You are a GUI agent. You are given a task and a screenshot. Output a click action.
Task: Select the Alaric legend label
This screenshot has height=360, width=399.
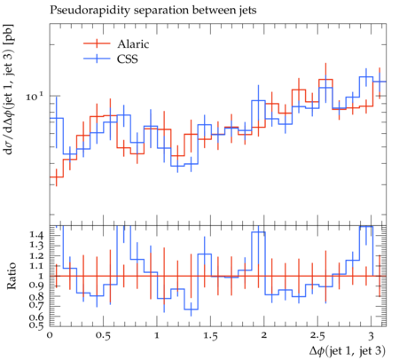(133, 43)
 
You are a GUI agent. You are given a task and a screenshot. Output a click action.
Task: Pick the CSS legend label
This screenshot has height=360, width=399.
(128, 59)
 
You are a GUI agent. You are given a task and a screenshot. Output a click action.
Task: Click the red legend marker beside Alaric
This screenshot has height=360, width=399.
(97, 43)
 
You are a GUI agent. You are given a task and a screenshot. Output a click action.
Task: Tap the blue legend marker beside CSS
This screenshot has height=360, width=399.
(97, 59)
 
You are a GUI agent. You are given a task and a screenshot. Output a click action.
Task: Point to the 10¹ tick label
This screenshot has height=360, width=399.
(35, 96)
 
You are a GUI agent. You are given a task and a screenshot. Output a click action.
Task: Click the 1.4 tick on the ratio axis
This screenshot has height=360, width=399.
(36, 235)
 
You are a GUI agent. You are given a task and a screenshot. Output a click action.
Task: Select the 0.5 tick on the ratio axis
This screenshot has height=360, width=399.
(36, 325)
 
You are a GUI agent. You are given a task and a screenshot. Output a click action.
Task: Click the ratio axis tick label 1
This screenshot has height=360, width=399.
(41, 276)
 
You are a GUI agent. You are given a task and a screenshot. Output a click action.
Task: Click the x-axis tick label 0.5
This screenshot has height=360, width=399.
(103, 336)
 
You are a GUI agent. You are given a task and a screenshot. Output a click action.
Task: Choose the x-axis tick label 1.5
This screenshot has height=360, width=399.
(210, 336)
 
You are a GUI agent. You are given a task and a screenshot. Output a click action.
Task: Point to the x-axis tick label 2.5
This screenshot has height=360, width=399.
(317, 336)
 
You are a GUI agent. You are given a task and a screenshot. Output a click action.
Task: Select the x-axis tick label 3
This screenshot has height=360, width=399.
(371, 336)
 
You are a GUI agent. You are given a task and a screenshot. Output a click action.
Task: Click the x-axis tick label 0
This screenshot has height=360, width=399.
(50, 336)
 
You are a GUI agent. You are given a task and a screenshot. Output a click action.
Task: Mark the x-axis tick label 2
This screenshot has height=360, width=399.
(264, 336)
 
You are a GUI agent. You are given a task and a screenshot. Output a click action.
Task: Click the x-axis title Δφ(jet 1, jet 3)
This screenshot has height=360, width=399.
(348, 351)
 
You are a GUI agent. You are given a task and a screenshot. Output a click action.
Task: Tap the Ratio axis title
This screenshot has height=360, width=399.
(12, 276)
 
